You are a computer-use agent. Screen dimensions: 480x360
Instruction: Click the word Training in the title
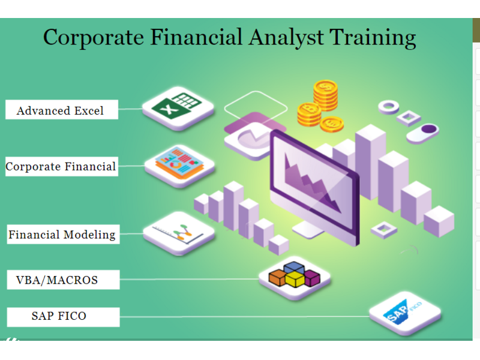click(x=372, y=38)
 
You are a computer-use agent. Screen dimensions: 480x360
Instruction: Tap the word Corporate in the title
click(x=94, y=38)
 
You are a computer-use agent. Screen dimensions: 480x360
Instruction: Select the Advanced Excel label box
click(x=62, y=109)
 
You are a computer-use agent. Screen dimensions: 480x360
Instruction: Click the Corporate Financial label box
click(x=62, y=166)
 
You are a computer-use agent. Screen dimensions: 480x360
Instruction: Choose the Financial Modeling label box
click(x=63, y=234)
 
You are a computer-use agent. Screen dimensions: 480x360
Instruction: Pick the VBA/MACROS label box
click(x=63, y=280)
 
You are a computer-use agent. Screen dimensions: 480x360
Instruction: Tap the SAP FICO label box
click(x=63, y=317)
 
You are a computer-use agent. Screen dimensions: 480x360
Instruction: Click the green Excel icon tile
click(x=178, y=108)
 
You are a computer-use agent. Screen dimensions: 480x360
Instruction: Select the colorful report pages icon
click(x=179, y=166)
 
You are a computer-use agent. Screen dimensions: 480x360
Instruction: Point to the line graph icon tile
click(x=179, y=233)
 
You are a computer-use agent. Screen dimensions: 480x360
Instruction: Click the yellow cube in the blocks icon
click(x=295, y=278)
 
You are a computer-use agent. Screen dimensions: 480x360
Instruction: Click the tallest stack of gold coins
click(x=325, y=95)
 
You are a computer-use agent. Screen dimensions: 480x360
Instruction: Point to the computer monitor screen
click(x=314, y=187)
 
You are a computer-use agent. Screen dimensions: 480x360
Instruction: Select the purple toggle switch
click(x=422, y=133)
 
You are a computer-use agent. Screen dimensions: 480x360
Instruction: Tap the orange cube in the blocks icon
click(x=277, y=277)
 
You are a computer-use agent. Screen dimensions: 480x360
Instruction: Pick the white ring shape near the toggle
click(x=388, y=107)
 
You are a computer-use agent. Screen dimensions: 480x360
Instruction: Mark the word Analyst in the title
click(x=286, y=38)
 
